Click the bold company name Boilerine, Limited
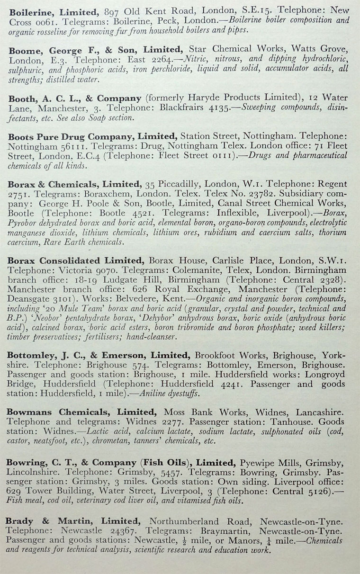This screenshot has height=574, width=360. [52, 10]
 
